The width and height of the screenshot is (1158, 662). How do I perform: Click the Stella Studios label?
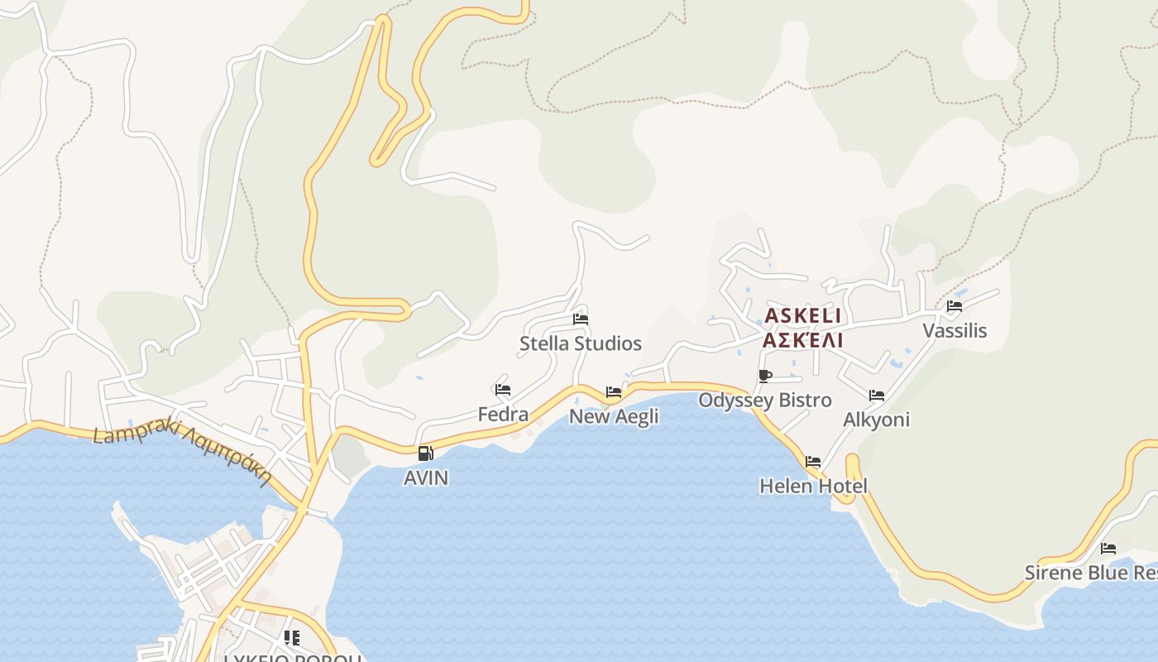click(x=580, y=343)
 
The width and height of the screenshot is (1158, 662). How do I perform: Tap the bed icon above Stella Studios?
click(x=581, y=319)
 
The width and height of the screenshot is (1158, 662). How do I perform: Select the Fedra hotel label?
click(x=503, y=414)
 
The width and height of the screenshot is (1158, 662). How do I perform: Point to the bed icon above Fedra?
click(x=503, y=389)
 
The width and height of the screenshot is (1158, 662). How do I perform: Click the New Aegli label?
click(x=614, y=416)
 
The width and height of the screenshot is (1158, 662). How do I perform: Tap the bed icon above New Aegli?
click(x=614, y=391)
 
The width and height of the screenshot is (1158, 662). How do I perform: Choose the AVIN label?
click(x=426, y=477)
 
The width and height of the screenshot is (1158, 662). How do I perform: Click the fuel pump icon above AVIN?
click(x=426, y=453)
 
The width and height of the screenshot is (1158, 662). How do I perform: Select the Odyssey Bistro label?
click(x=765, y=401)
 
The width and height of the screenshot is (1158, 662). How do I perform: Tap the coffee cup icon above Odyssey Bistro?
click(x=765, y=377)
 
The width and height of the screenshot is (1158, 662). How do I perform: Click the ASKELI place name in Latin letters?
click(x=803, y=315)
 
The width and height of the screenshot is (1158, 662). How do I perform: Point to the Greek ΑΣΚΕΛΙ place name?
click(x=803, y=340)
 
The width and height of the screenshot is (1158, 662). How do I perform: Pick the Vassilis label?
click(x=955, y=331)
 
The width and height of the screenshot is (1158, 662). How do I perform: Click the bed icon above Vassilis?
click(x=955, y=306)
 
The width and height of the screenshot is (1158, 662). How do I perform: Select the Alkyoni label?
click(x=876, y=420)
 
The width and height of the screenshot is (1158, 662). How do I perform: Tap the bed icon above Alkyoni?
click(x=877, y=396)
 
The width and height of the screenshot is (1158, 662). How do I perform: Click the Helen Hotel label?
click(x=813, y=486)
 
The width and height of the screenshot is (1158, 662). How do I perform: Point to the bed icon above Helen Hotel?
click(x=813, y=462)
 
